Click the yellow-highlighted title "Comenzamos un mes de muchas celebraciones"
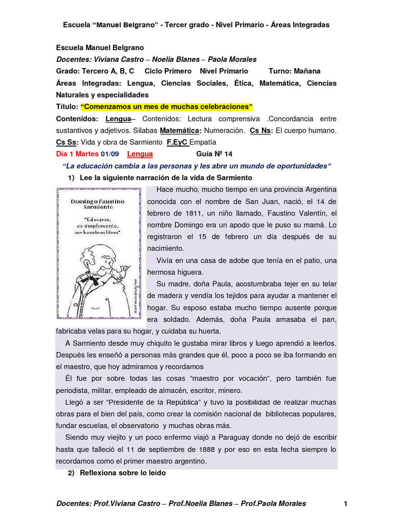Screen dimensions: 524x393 point(167,106)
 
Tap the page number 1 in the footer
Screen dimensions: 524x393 point(346,504)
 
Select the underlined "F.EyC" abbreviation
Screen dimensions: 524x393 point(178,142)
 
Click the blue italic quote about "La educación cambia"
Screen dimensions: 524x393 point(196,166)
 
